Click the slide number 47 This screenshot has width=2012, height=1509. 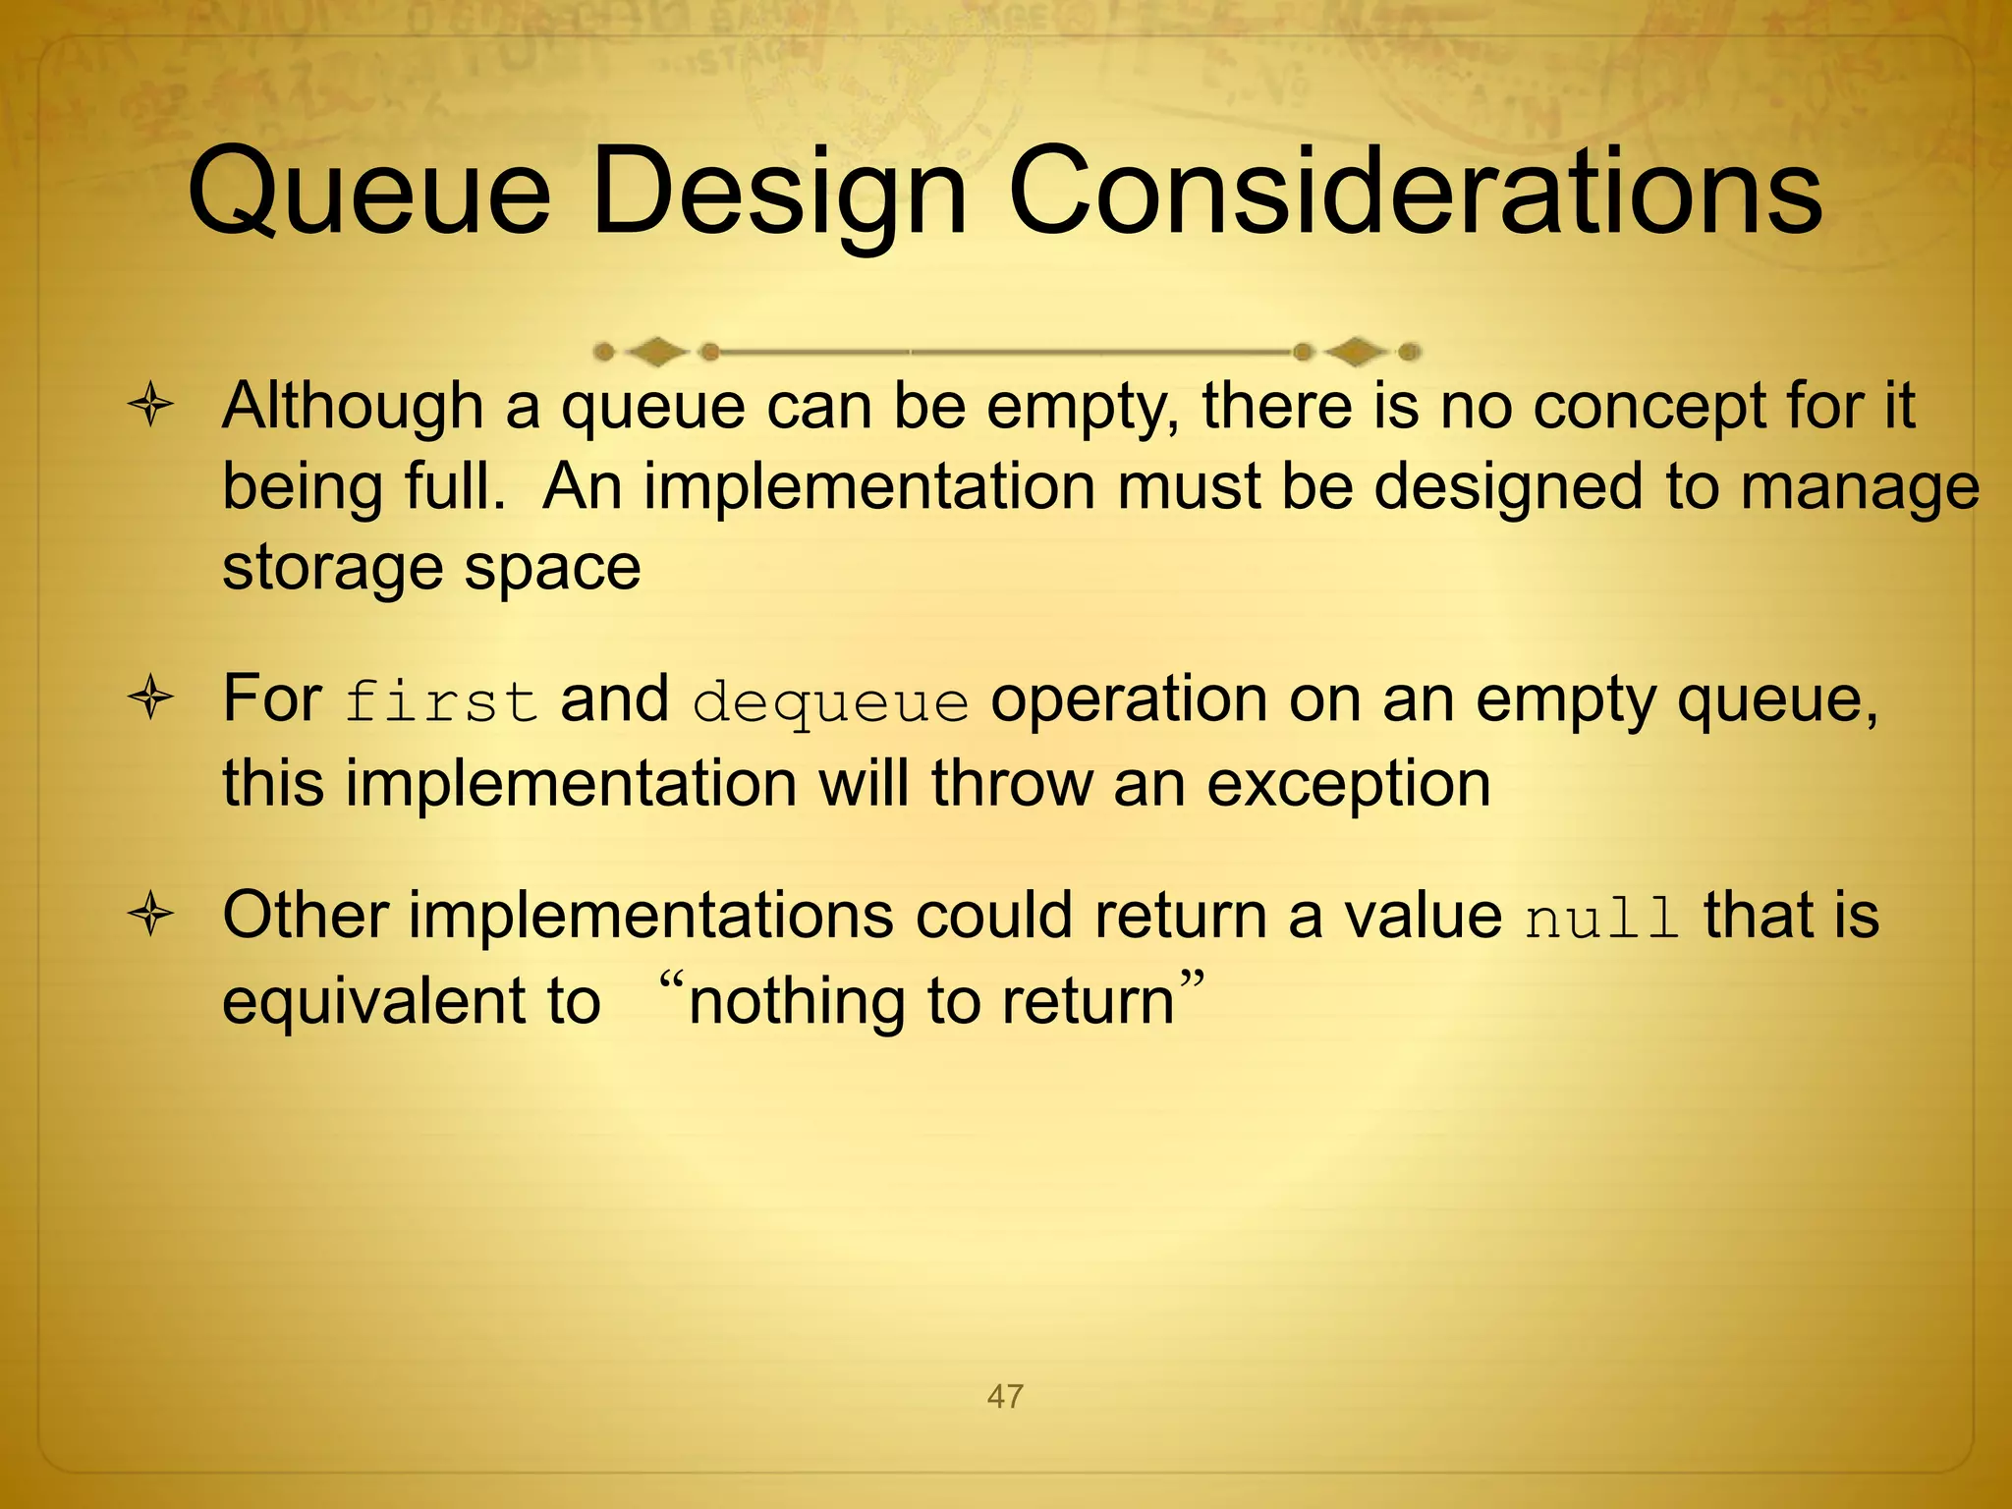click(1005, 1396)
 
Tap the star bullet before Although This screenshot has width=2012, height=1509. click(150, 406)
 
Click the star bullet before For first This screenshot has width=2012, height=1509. click(150, 699)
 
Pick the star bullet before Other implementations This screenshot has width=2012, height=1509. click(150, 916)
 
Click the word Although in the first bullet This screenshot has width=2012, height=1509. click(353, 406)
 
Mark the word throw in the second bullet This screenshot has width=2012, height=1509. click(1011, 785)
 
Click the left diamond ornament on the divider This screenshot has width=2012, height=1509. click(656, 351)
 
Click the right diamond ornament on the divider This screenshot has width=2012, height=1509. click(1356, 351)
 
